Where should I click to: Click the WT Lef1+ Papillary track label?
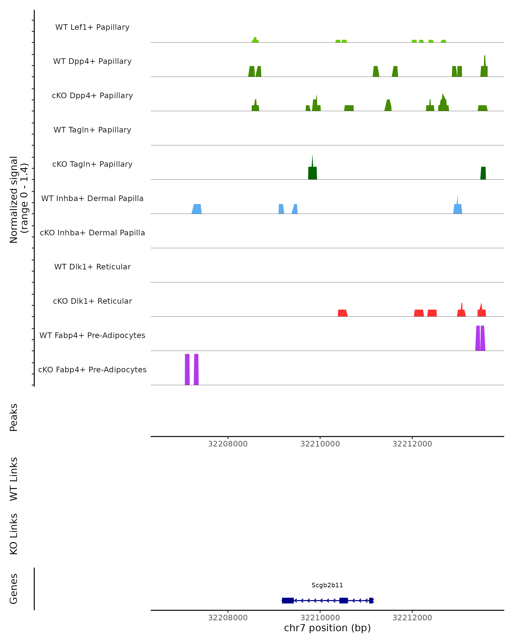(x=92, y=27)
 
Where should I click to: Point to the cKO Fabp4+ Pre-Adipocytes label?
(x=92, y=370)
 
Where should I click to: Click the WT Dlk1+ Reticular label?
(x=92, y=267)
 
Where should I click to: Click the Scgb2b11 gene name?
(x=327, y=585)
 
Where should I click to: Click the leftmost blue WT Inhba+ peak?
(x=197, y=209)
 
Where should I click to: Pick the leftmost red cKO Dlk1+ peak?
(x=342, y=313)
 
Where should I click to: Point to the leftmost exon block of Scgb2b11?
(x=288, y=600)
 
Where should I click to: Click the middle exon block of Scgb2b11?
(x=344, y=600)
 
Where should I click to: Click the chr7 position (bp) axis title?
(x=327, y=628)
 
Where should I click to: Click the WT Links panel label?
(x=14, y=479)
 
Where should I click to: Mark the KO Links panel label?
(x=14, y=534)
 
